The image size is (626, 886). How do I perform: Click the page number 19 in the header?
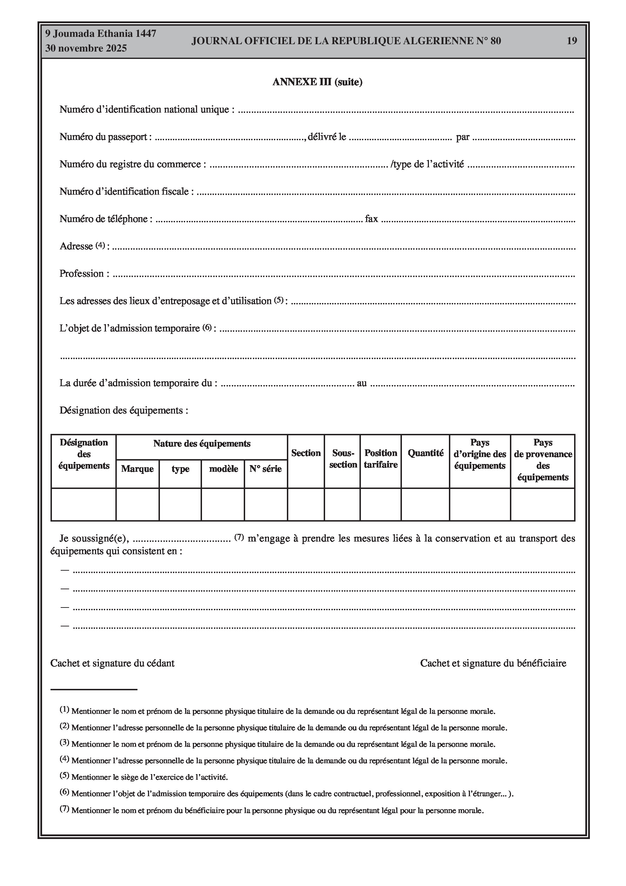click(572, 41)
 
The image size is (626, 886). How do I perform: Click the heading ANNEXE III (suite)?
click(317, 82)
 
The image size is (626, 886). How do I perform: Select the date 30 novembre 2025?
click(86, 48)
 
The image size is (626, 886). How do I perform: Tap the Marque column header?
click(137, 469)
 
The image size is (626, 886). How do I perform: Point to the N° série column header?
click(265, 469)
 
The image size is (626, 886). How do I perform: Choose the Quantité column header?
click(425, 453)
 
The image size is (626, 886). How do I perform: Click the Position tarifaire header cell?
click(381, 458)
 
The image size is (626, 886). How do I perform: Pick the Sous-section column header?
click(343, 458)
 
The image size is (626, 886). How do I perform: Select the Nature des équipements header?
click(201, 444)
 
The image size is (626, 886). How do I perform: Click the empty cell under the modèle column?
click(223, 504)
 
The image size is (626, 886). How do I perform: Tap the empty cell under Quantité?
click(425, 504)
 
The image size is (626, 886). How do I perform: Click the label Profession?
click(81, 274)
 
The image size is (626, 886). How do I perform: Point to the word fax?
click(371, 219)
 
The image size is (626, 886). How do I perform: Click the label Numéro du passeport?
click(103, 137)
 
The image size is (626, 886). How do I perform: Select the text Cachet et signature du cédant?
click(112, 663)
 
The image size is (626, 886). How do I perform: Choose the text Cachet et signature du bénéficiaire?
click(493, 663)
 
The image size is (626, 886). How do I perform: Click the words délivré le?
click(327, 137)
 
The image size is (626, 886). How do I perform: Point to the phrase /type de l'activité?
click(427, 165)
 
